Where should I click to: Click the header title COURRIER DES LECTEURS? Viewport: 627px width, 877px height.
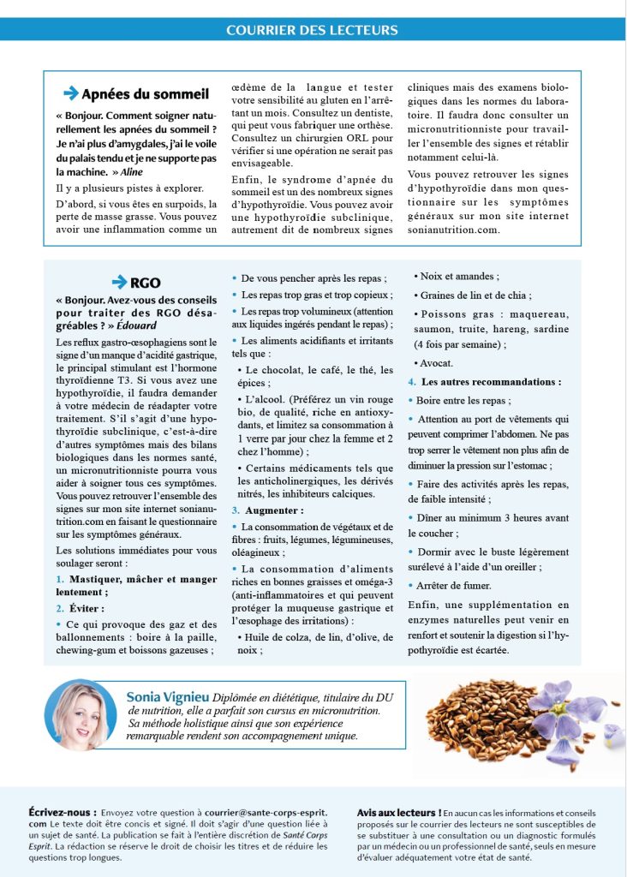point(312,30)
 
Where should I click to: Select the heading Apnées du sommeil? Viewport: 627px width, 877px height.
point(145,93)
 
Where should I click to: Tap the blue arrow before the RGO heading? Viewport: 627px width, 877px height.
point(119,282)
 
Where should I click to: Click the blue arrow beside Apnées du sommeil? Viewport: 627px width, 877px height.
point(71,93)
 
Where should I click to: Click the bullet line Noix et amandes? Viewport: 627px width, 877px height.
point(460,277)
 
